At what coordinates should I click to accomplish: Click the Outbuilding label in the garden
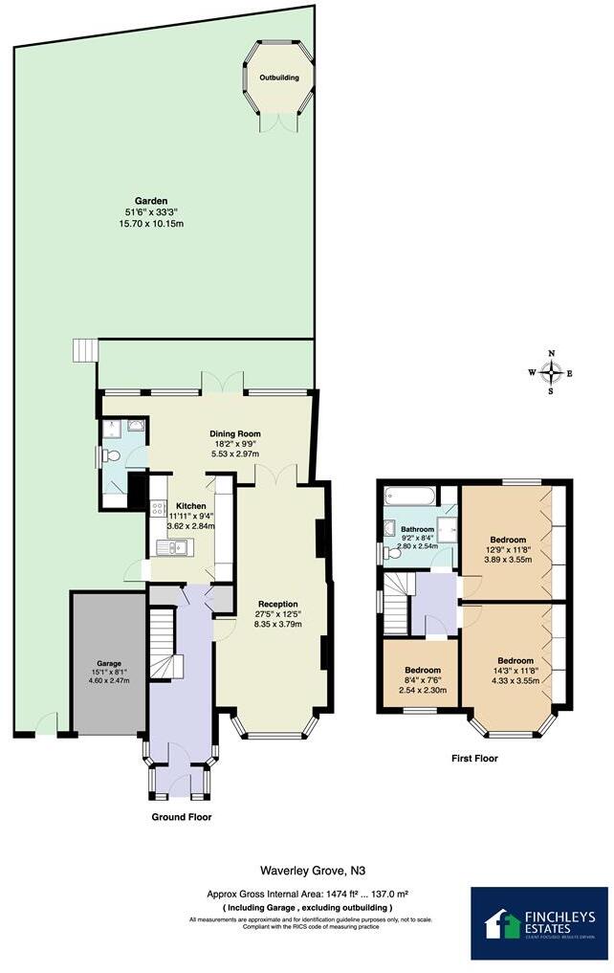pos(279,77)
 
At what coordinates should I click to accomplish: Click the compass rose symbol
pos(551,372)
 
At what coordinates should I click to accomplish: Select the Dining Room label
pos(235,433)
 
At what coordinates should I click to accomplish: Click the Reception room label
pos(276,604)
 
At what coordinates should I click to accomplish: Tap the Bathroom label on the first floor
pos(418,529)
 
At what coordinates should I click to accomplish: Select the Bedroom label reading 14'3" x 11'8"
pos(515,661)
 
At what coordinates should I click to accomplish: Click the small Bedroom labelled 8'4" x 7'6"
pos(422,670)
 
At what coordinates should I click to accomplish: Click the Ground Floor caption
pos(182,817)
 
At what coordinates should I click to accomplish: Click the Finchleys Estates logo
pos(538,923)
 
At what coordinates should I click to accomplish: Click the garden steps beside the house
pos(85,350)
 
